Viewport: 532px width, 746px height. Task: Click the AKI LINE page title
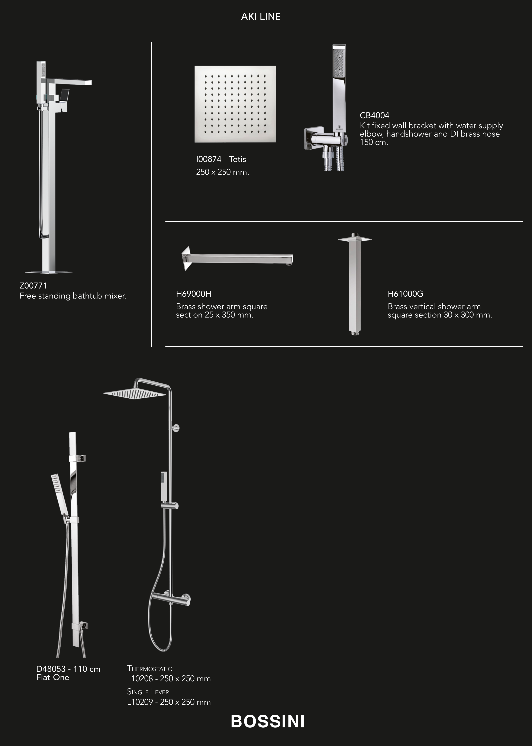coord(261,16)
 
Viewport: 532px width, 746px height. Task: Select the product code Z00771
coord(33,286)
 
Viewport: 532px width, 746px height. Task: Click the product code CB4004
coord(374,115)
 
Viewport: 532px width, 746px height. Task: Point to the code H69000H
coord(194,294)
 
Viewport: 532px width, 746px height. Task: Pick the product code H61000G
coord(405,294)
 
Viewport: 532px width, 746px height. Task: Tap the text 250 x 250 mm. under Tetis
coord(222,172)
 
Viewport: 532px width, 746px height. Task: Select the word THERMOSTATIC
coord(149,669)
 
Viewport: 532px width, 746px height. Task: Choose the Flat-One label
coord(53,678)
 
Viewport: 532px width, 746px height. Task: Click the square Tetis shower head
coord(235,104)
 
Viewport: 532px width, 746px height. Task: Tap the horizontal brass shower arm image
coord(238,258)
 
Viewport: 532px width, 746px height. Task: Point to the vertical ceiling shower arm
coord(355,284)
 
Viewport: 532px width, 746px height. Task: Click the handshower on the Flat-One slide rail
coord(60,495)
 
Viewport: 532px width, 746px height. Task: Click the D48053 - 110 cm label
coord(68,669)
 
